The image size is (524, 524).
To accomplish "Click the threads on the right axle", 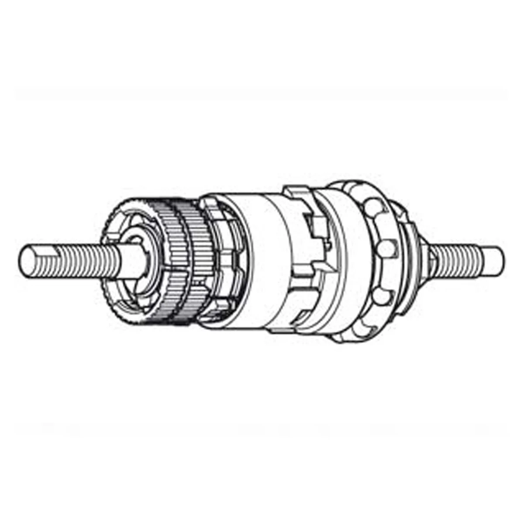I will (458, 258).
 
